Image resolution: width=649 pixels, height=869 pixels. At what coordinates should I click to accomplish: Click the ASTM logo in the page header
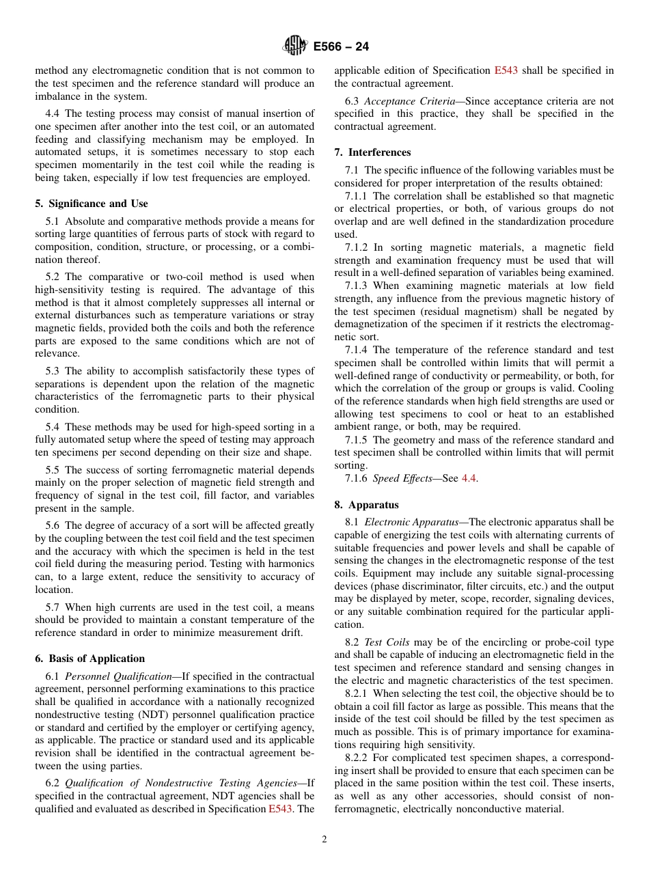pyautogui.click(x=295, y=46)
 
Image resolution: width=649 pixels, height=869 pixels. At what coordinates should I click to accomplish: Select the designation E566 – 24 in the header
pyautogui.click(x=341, y=46)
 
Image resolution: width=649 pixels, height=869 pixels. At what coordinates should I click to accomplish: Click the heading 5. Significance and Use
pyautogui.click(x=91, y=204)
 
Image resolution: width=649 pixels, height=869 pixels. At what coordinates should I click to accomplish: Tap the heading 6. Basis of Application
pyautogui.click(x=89, y=659)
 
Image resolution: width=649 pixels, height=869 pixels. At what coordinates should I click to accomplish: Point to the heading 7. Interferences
pyautogui.click(x=372, y=152)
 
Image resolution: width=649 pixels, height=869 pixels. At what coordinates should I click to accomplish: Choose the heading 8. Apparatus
pyautogui.click(x=366, y=505)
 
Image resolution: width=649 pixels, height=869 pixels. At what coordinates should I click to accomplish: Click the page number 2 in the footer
pyautogui.click(x=324, y=840)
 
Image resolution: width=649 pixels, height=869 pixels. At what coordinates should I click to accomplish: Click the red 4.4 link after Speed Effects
pyautogui.click(x=469, y=478)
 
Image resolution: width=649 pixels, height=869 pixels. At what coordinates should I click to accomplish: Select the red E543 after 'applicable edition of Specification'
pyautogui.click(x=506, y=70)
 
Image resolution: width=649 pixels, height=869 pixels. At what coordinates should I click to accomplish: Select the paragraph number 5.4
pyautogui.click(x=53, y=427)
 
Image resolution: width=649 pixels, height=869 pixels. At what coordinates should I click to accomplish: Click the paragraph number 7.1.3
pyautogui.click(x=356, y=286)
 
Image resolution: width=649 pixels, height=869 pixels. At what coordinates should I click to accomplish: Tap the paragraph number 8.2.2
pyautogui.click(x=356, y=758)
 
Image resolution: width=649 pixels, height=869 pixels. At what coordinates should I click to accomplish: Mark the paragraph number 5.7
pyautogui.click(x=53, y=607)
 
